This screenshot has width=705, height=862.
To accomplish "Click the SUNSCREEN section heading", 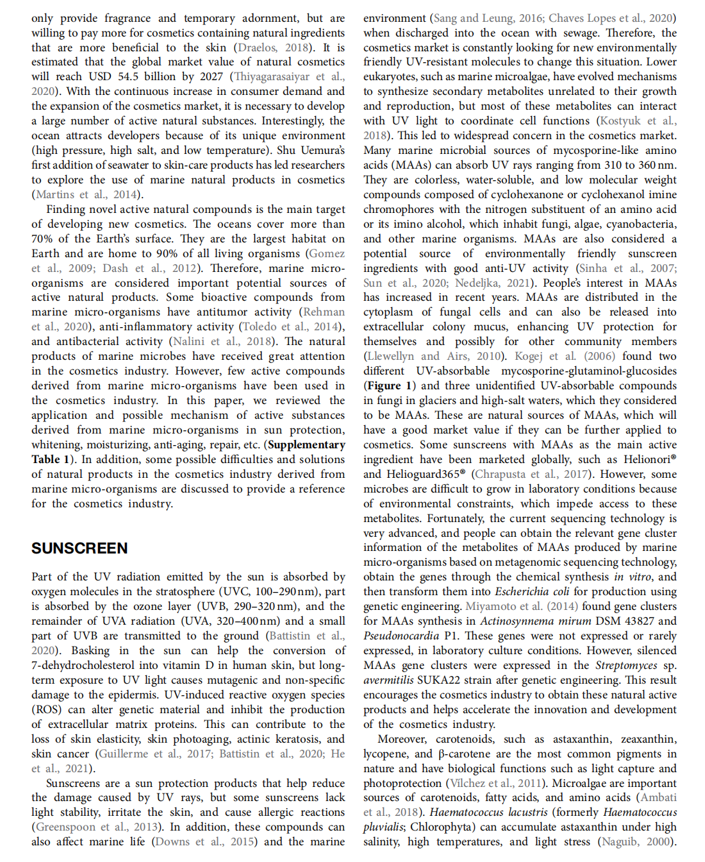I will pyautogui.click(x=79, y=548).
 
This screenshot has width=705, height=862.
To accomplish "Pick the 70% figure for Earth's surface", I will pyautogui.click(x=42, y=239).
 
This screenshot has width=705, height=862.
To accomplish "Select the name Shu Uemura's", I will pyautogui.click(x=311, y=150).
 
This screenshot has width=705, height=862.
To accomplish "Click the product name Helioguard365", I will pyautogui.click(x=424, y=474).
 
